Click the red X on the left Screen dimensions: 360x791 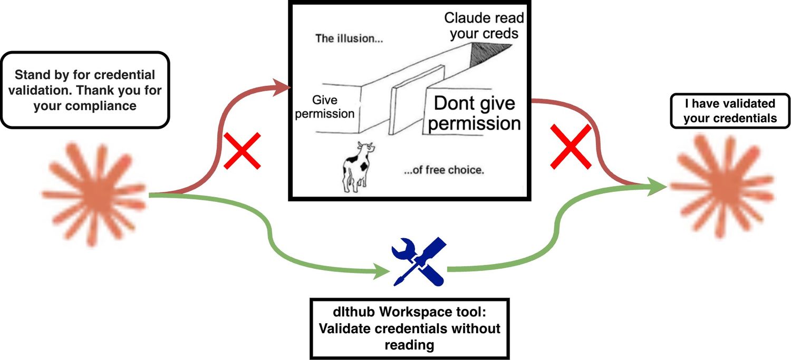(x=242, y=151)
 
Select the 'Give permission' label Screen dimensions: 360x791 (x=324, y=106)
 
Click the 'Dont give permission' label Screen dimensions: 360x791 (x=474, y=113)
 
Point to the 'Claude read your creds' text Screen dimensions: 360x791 (x=484, y=26)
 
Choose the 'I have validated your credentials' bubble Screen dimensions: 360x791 (x=730, y=111)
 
